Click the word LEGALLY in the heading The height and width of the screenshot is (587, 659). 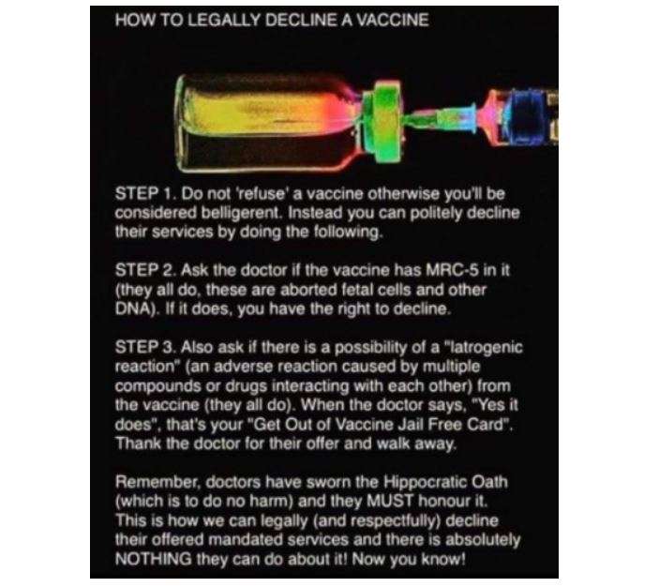click(224, 21)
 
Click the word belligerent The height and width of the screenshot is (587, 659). click(241, 214)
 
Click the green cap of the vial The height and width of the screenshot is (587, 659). click(383, 122)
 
